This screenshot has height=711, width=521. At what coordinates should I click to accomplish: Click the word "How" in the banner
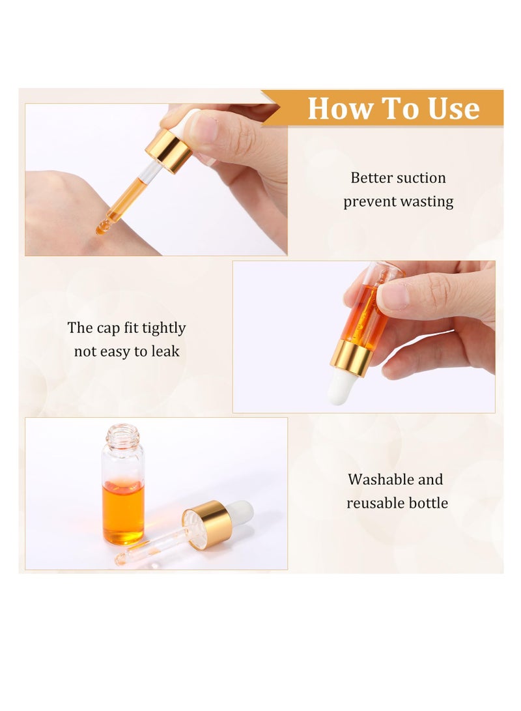point(337,108)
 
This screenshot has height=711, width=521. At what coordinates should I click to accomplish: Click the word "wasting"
point(427,201)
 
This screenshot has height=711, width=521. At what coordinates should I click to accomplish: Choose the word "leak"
point(165,351)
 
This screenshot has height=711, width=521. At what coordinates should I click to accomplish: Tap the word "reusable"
point(374,503)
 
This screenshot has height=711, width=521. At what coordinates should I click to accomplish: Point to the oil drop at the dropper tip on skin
point(102,228)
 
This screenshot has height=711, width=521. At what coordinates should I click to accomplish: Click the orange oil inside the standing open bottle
point(123,511)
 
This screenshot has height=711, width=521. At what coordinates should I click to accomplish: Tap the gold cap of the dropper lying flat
point(208,524)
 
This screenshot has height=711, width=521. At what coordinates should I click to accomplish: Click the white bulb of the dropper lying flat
point(240,512)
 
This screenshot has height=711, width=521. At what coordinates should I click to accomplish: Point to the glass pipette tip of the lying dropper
point(122,559)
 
